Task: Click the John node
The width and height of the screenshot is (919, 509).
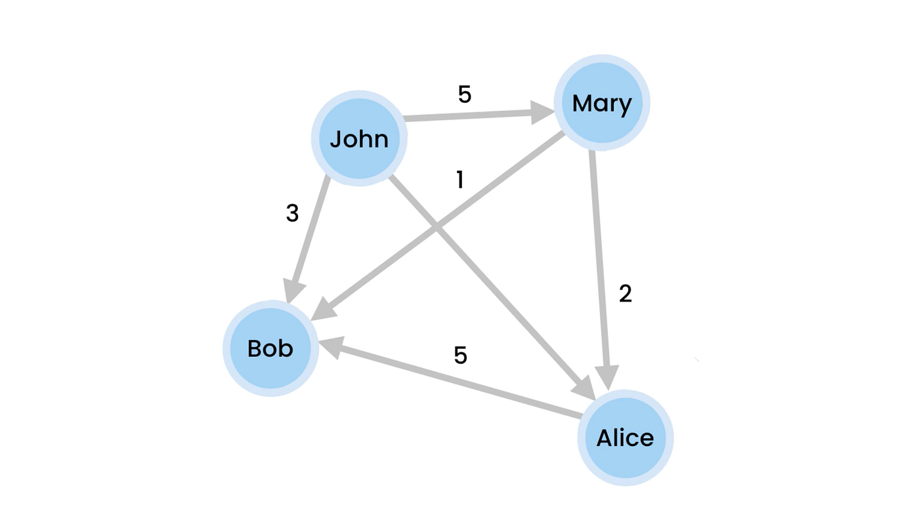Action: click(x=359, y=138)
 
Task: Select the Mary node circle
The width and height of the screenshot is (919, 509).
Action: click(x=602, y=103)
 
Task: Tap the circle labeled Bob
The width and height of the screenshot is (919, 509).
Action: click(x=270, y=348)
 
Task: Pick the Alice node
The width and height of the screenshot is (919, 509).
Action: click(x=625, y=438)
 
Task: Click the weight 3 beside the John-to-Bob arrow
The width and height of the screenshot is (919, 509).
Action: click(x=292, y=213)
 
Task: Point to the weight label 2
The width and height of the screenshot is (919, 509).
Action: click(x=625, y=294)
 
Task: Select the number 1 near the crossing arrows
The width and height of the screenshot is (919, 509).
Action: click(x=460, y=180)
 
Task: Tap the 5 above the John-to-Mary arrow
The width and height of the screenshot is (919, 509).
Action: click(x=464, y=94)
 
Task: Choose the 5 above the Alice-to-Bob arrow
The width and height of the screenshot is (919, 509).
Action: click(x=460, y=355)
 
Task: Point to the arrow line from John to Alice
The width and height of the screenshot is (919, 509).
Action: click(x=486, y=279)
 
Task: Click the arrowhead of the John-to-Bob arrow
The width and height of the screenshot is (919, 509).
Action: click(x=294, y=291)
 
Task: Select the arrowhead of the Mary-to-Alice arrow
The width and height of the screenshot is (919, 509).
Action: click(x=607, y=378)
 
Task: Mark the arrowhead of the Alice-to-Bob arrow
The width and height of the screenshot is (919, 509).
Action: click(x=331, y=347)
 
